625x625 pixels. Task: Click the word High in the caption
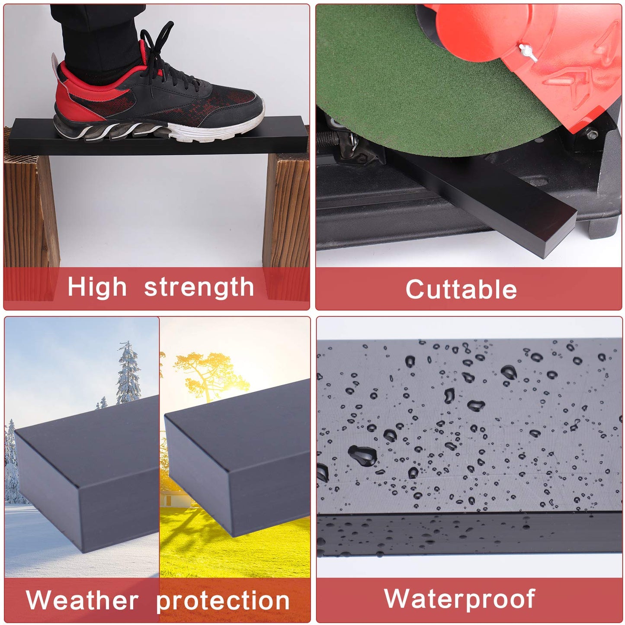point(97,287)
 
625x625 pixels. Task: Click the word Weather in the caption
point(82,600)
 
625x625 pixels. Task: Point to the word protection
point(223,601)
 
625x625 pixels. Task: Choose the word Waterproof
point(460,599)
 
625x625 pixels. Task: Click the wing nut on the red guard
point(527,54)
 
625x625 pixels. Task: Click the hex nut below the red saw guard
point(591,134)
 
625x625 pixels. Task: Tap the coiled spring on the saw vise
point(328,140)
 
